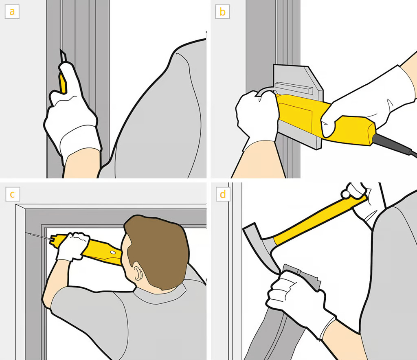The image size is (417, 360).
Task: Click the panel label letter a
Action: [x=12, y=12]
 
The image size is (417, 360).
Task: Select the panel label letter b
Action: [x=222, y=12]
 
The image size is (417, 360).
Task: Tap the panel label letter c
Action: [x=12, y=194]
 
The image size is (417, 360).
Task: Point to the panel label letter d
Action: [x=223, y=194]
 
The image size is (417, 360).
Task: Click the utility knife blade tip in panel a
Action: [x=61, y=50]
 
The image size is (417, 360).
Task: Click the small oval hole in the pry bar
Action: [x=113, y=252]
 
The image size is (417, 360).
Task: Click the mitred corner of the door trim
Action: [x=20, y=207]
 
